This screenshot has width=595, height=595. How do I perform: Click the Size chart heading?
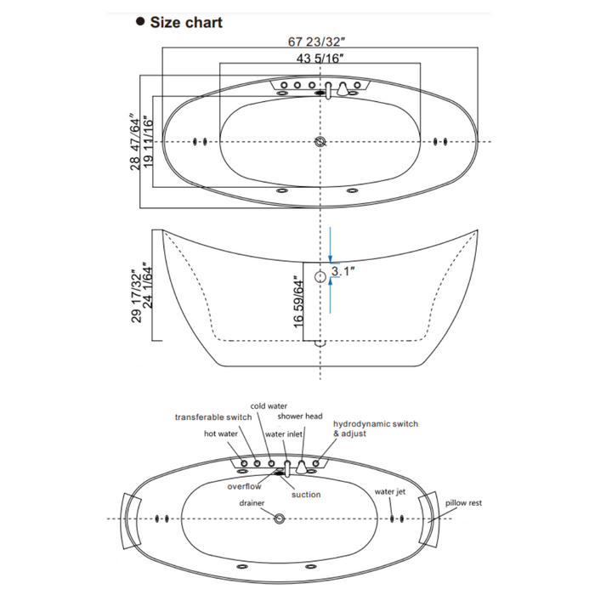pyautogui.click(x=185, y=23)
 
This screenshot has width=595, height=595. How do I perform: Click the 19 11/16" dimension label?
pyautogui.click(x=150, y=141)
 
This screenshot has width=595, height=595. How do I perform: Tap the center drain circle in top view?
pyautogui.click(x=320, y=141)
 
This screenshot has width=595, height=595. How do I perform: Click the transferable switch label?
pyautogui.click(x=213, y=417)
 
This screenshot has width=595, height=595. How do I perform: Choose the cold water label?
pyautogui.click(x=269, y=406)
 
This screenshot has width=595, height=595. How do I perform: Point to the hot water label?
pyautogui.click(x=221, y=433)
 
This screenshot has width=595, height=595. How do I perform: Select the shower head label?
pyautogui.click(x=301, y=417)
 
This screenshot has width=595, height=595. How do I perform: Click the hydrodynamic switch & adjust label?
pyautogui.click(x=375, y=428)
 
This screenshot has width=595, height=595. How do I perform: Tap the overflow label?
pyautogui.click(x=244, y=487)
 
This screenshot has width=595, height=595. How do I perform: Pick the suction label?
pyautogui.click(x=306, y=495)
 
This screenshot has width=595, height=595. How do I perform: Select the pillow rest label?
pyautogui.click(x=463, y=503)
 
